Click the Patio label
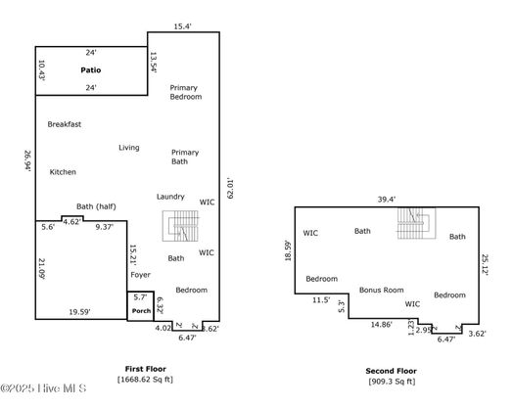[x=91, y=70]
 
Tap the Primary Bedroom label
[x=185, y=92]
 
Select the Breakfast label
[x=65, y=124]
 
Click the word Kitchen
[x=63, y=172]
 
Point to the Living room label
[x=129, y=148]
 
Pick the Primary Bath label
[x=185, y=157]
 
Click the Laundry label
[x=170, y=197]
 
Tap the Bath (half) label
[x=96, y=206]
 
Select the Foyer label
[x=140, y=275]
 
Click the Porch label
[x=141, y=311]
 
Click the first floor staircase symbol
[x=180, y=226]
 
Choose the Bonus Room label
[x=382, y=290]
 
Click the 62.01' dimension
[x=230, y=189]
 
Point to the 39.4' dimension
[x=387, y=200]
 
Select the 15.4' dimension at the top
[x=182, y=26]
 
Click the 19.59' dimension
[x=79, y=312]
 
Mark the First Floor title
[x=146, y=369]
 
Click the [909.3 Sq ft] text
[x=392, y=382]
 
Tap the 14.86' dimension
[x=382, y=325]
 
